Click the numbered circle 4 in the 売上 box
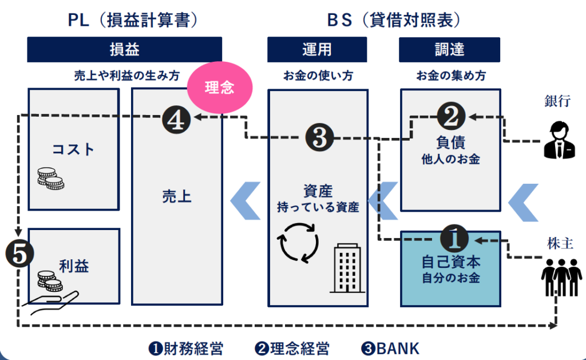pyautogui.click(x=177, y=119)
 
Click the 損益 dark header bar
pyautogui.click(x=124, y=50)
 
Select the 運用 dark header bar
pyautogui.click(x=317, y=50)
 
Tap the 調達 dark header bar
pyautogui.click(x=449, y=50)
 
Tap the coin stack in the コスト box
pyautogui.click(x=50, y=179)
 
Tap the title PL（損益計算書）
pyautogui.click(x=132, y=20)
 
